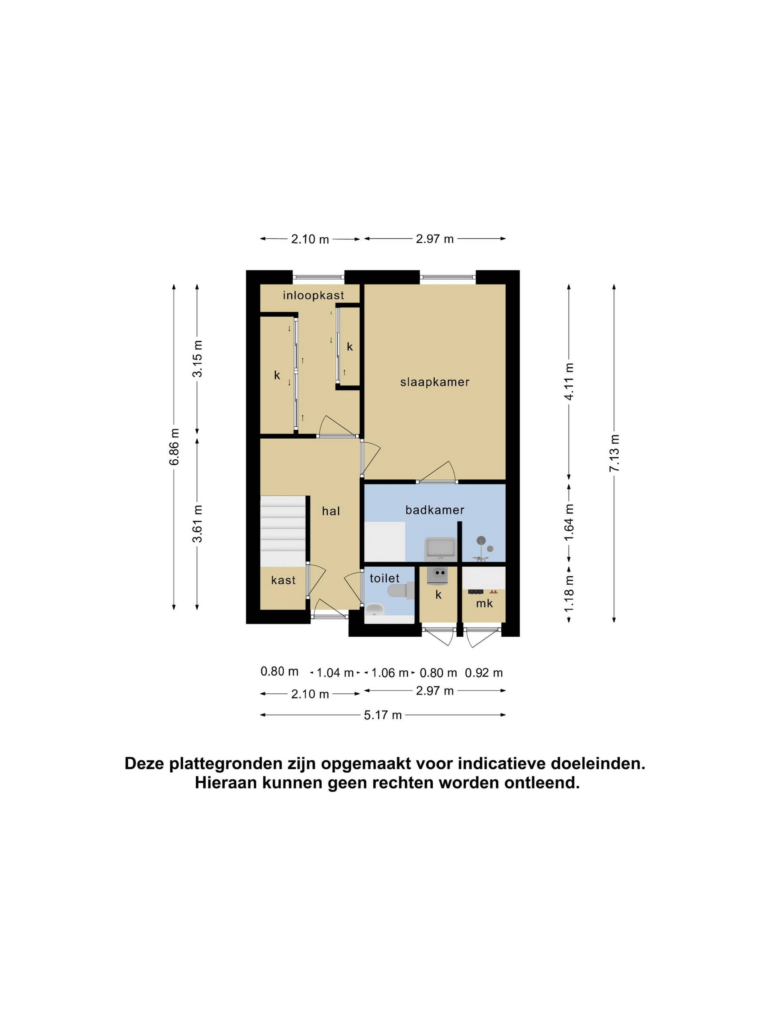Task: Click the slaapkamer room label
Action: coord(434,382)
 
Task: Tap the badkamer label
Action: coord(434,510)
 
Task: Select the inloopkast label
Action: coord(313,295)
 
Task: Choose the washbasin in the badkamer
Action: coord(440,548)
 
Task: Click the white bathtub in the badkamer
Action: coord(384,542)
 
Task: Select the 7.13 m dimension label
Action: coord(614,453)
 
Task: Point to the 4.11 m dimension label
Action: coord(569,381)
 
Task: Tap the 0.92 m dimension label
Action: coord(484,673)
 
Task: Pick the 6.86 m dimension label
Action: coord(174,447)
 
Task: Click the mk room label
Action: coord(484,604)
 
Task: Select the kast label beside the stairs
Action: coord(283,580)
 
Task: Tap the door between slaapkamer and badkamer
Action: coord(437,473)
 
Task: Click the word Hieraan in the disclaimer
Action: coord(226,784)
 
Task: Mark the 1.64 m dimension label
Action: coord(569,522)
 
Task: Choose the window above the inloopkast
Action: coord(318,277)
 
